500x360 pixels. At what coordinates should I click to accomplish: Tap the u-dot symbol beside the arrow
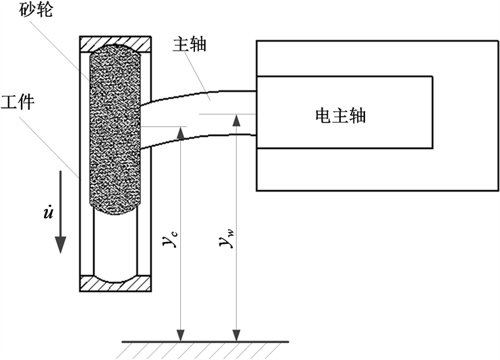click(x=49, y=214)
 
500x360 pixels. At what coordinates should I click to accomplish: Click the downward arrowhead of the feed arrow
click(x=60, y=244)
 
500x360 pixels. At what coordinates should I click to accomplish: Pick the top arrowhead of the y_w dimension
click(x=235, y=121)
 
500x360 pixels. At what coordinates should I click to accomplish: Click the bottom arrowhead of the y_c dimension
click(x=180, y=335)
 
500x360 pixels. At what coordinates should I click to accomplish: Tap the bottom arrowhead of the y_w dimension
click(x=235, y=335)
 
